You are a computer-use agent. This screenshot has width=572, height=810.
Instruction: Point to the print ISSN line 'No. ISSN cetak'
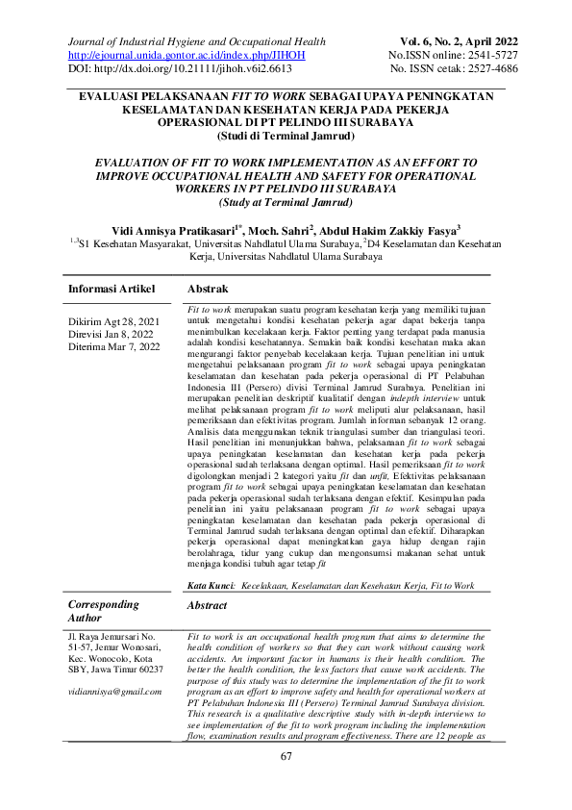pos(449,70)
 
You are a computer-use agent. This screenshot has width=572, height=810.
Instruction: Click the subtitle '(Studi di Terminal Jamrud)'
pos(286,137)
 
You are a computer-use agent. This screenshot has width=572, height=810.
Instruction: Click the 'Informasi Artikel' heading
pos(114,289)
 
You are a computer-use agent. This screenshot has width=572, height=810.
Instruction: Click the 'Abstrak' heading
pos(208,289)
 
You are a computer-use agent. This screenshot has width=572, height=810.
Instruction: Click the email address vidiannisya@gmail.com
pos(114,691)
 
